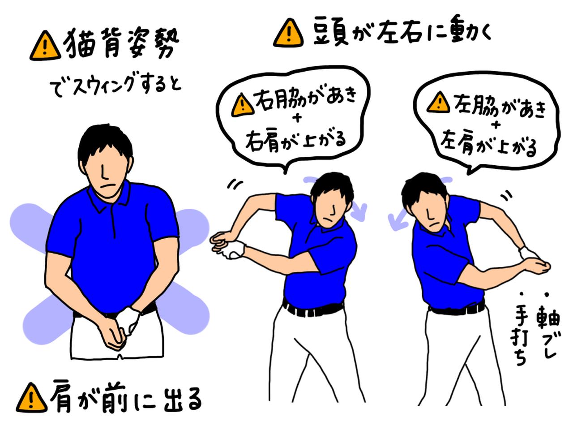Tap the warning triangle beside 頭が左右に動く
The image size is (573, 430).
[x=288, y=33]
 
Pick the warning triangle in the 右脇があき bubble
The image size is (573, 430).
[x=243, y=105]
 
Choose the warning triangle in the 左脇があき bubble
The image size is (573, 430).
[x=438, y=102]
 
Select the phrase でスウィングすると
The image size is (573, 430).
[x=115, y=87]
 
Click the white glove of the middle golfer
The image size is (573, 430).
[x=235, y=249]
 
